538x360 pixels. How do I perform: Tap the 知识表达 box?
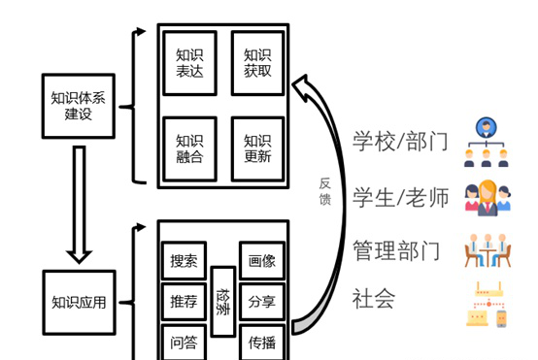[189, 63]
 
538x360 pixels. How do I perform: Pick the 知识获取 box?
[257, 63]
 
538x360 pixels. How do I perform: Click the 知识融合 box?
[189, 147]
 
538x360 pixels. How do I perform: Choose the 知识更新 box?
[257, 147]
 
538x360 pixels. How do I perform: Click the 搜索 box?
[184, 261]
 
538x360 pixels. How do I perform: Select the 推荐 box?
[184, 302]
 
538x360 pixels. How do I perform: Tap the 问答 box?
[184, 342]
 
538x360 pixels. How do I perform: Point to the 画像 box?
[262, 261]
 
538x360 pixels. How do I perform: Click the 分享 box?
[262, 302]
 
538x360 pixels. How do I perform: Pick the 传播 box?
[262, 342]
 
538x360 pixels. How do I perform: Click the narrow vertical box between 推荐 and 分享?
[222, 301]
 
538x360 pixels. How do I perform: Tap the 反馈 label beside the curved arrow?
[325, 191]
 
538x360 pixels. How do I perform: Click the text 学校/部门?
[400, 142]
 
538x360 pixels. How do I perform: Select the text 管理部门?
[396, 251]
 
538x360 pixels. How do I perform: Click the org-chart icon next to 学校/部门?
[486, 141]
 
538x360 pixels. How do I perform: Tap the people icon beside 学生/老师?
[486, 196]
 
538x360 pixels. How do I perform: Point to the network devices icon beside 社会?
[487, 304]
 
